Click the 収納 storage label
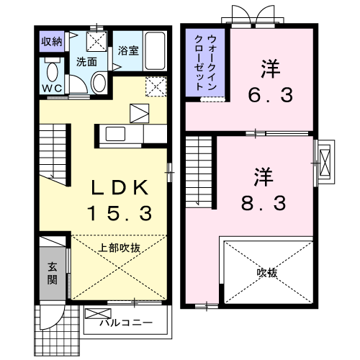pyautogui.click(x=51, y=40)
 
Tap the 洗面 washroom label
pyautogui.click(x=87, y=62)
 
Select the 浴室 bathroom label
pyautogui.click(x=128, y=52)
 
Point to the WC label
pyautogui.click(x=50, y=88)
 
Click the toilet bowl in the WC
pyautogui.click(x=51, y=72)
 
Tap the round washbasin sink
pyautogui.click(x=99, y=83)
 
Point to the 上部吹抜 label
pyautogui.click(x=120, y=248)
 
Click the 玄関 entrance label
pyautogui.click(x=52, y=274)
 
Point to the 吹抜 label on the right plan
pyautogui.click(x=267, y=273)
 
